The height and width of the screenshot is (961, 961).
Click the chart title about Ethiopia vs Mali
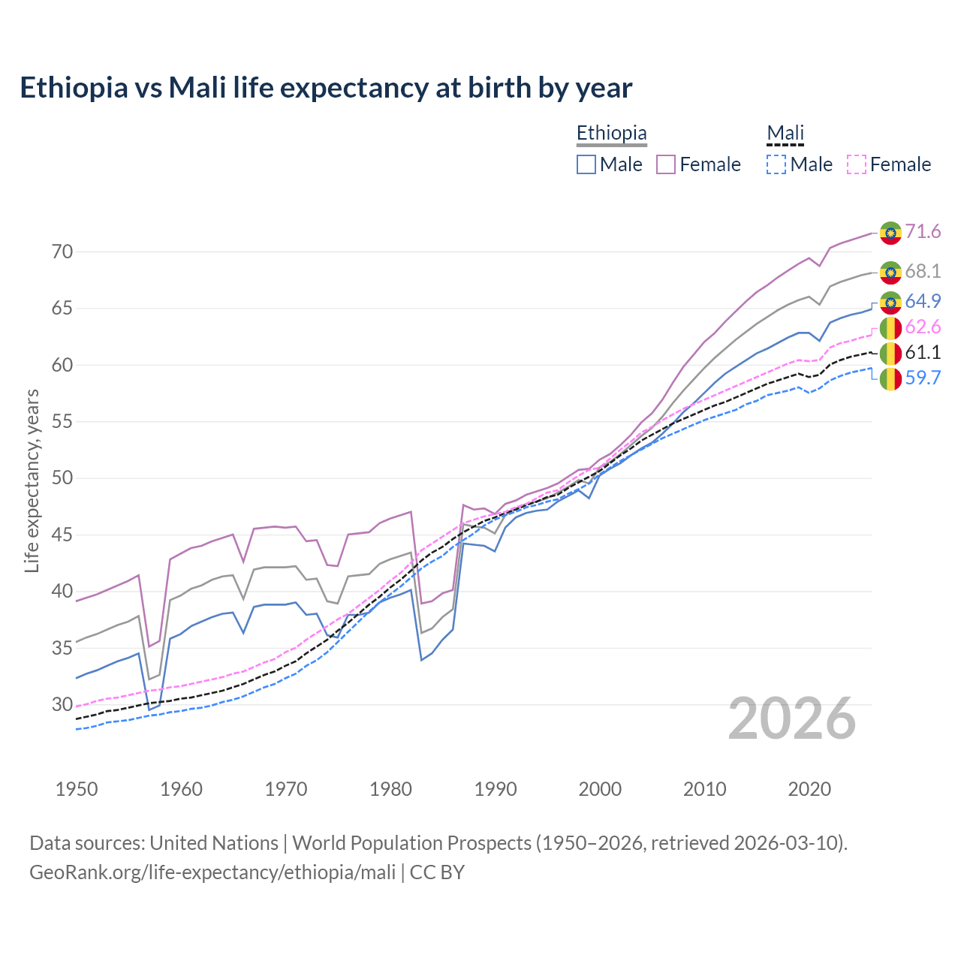pyautogui.click(x=326, y=88)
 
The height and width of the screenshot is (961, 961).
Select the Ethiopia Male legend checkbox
pyautogui.click(x=586, y=164)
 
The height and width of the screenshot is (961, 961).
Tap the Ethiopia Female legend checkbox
pyautogui.click(x=666, y=164)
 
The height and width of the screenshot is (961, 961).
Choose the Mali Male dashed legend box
pyautogui.click(x=776, y=164)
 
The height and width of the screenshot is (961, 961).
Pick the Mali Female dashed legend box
pyautogui.click(x=857, y=164)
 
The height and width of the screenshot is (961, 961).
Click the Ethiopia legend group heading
pyautogui.click(x=611, y=134)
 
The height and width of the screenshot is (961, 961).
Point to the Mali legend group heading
pyautogui.click(x=785, y=134)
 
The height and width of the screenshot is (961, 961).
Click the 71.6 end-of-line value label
pyautogui.click(x=923, y=232)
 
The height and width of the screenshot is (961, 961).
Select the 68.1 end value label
pyautogui.click(x=923, y=271)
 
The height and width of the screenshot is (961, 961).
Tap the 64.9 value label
pyautogui.click(x=923, y=302)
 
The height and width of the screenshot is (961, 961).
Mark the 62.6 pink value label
pyautogui.click(x=923, y=327)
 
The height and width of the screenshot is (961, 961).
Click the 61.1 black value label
pyautogui.click(x=923, y=353)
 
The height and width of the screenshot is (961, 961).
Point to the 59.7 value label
pyautogui.click(x=923, y=378)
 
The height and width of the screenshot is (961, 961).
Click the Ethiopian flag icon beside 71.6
pyautogui.click(x=890, y=233)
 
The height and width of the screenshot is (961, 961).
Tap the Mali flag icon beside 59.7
pyautogui.click(x=890, y=379)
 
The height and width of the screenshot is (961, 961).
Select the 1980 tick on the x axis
pyautogui.click(x=390, y=789)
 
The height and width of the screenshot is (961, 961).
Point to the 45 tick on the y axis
pyautogui.click(x=62, y=535)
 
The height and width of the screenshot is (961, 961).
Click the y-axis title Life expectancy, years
pyautogui.click(x=32, y=480)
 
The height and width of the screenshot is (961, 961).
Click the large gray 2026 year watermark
pyautogui.click(x=792, y=718)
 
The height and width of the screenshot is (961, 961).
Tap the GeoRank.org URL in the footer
pyautogui.click(x=212, y=872)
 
